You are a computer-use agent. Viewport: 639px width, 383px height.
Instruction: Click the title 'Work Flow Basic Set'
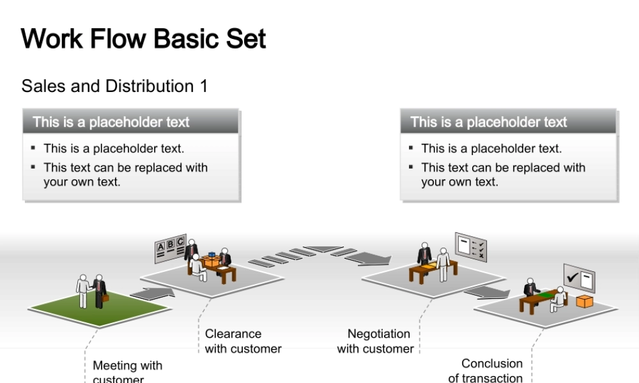click(x=143, y=39)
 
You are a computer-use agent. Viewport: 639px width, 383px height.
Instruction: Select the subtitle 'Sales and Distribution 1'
click(x=114, y=86)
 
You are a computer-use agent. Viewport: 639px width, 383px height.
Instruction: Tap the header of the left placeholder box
click(x=131, y=122)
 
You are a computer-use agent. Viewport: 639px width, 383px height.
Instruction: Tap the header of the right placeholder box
click(x=509, y=122)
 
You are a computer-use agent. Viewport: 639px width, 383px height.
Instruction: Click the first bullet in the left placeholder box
click(x=114, y=149)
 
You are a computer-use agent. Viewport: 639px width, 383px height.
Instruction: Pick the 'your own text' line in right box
click(x=459, y=182)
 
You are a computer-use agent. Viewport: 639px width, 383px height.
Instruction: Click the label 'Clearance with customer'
click(x=243, y=342)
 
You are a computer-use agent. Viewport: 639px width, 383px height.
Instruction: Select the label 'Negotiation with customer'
click(x=376, y=342)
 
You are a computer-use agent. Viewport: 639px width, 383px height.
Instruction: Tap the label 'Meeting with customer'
click(x=127, y=371)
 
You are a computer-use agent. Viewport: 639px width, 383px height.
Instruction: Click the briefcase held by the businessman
click(x=105, y=297)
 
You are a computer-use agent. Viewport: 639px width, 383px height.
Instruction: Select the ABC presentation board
click(x=170, y=248)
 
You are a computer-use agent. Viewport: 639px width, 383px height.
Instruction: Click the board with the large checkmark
click(x=579, y=278)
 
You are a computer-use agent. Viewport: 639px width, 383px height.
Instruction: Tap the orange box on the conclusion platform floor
click(x=584, y=301)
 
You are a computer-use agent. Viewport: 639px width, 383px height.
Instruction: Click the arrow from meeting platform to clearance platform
click(x=152, y=293)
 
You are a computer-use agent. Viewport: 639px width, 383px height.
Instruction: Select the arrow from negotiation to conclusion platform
click(x=487, y=292)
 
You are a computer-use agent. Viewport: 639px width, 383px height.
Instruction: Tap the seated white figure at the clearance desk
click(x=198, y=268)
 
